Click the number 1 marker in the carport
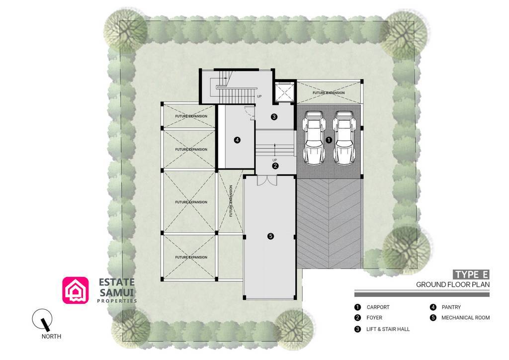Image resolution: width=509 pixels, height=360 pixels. pyautogui.click(x=329, y=140)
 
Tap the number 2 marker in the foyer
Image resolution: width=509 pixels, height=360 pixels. pyautogui.click(x=275, y=166)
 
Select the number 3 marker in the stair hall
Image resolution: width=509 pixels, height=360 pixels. pyautogui.click(x=274, y=116)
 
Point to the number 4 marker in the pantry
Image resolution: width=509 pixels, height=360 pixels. pyautogui.click(x=237, y=140)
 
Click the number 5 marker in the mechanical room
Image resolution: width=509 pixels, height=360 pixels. pyautogui.click(x=270, y=236)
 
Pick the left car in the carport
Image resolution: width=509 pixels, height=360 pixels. pyautogui.click(x=313, y=138)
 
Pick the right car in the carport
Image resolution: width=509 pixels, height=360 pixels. pyautogui.click(x=344, y=138)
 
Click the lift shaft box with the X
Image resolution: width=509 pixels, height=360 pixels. pyautogui.click(x=284, y=92)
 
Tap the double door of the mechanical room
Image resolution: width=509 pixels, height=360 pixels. pyautogui.click(x=267, y=180)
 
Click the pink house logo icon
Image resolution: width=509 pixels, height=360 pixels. pyautogui.click(x=76, y=290)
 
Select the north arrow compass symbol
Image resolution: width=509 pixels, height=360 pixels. pyautogui.click(x=42, y=319)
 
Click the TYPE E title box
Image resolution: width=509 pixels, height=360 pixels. pyautogui.click(x=471, y=274)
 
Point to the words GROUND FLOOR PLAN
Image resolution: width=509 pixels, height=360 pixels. pyautogui.click(x=453, y=285)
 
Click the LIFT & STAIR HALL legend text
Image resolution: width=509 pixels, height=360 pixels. pyautogui.click(x=382, y=329)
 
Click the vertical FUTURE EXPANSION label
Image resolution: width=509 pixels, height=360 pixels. pyautogui.click(x=231, y=201)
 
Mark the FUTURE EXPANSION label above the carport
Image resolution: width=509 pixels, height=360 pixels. pyautogui.click(x=329, y=93)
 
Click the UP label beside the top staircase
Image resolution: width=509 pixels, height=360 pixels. pyautogui.click(x=259, y=96)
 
